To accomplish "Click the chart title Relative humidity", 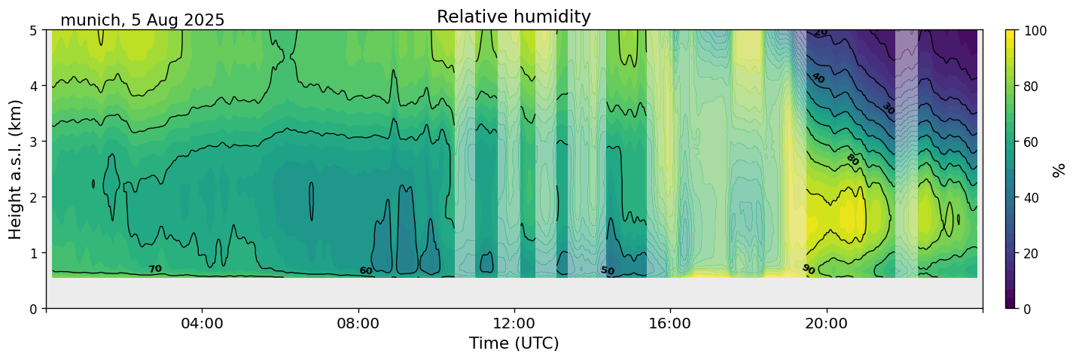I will [514, 17].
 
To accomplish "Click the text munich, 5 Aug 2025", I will [142, 20].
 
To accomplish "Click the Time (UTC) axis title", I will [514, 343].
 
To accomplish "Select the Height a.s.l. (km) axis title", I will [16, 169].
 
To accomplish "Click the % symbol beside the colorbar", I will [1060, 169].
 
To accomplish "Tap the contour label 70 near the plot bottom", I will [155, 269].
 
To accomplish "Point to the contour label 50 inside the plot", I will [608, 270].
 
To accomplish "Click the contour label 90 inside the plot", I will [808, 269].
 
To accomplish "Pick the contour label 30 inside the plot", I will [889, 108].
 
